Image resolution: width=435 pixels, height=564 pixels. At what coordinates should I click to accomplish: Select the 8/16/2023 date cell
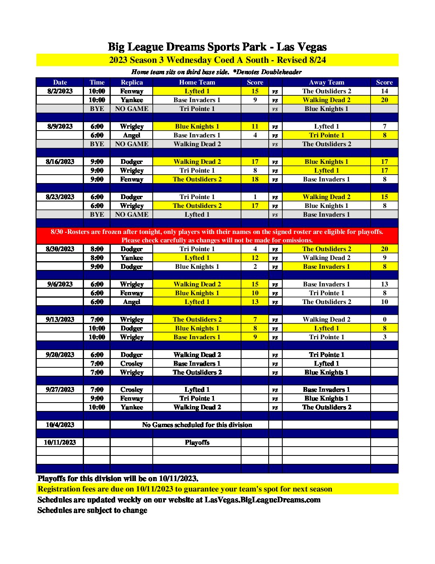(60, 162)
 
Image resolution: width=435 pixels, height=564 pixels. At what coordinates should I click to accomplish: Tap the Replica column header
(132, 83)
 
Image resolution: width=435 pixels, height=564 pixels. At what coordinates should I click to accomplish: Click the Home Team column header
(197, 83)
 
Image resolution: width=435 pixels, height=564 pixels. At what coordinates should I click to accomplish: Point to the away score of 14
(384, 91)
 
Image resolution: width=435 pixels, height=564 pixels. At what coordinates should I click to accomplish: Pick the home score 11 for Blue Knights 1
(255, 127)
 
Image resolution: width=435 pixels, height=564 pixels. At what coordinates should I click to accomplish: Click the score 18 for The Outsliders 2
(255, 179)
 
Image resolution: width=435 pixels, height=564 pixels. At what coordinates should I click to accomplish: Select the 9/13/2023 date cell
(60, 320)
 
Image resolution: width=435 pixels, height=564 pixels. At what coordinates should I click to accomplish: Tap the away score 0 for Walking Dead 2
(384, 320)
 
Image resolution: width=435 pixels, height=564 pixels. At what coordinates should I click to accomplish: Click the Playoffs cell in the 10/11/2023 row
(197, 443)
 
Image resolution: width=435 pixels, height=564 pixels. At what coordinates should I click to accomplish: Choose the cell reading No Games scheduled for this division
(197, 425)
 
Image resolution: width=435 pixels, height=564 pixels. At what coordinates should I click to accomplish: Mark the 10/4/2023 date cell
(60, 425)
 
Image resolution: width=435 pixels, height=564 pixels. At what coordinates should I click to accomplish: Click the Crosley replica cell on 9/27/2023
(132, 390)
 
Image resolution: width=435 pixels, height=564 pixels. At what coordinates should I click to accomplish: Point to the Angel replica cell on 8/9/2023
(132, 135)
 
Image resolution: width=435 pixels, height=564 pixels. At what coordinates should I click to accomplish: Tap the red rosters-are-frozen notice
(217, 236)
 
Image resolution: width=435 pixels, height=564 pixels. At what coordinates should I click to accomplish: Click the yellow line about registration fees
(185, 489)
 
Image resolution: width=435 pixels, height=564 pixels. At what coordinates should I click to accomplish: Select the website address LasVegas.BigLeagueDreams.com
(262, 500)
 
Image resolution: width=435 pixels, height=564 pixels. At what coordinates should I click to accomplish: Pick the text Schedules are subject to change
(92, 510)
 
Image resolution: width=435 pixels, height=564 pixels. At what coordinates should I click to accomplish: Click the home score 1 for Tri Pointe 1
(255, 197)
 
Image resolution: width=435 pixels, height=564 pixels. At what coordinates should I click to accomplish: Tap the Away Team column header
(326, 83)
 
